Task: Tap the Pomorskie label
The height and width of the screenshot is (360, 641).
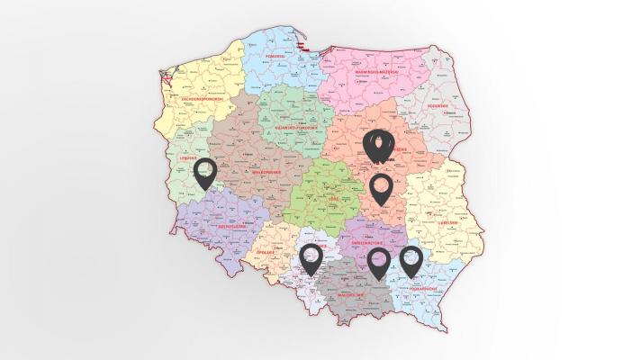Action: tap(275, 56)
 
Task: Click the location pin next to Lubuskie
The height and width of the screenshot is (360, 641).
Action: tap(206, 172)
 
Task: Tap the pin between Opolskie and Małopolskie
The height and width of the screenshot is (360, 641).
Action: tap(311, 257)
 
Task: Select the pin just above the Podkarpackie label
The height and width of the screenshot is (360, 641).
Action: tap(411, 259)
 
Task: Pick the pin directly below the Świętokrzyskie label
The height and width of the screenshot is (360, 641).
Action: tap(379, 261)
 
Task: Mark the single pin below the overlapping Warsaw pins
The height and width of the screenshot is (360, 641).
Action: tap(380, 189)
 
